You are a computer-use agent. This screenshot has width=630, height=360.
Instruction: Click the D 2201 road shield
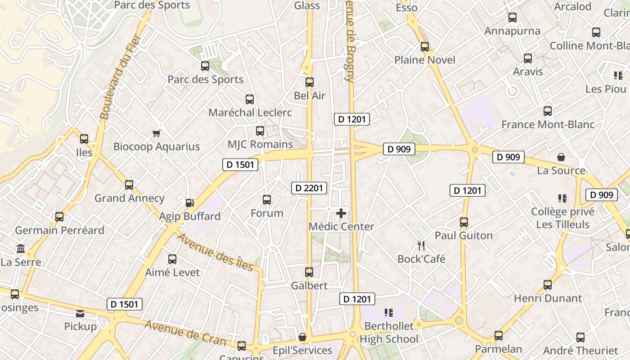point(309,188)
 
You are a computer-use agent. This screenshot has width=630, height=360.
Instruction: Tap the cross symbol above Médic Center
point(341,213)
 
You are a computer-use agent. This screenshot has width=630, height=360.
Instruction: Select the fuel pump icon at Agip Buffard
point(190,203)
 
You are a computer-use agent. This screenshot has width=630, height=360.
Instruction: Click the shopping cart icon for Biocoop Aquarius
point(156,133)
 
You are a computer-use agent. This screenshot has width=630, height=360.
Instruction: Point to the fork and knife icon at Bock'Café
point(421,245)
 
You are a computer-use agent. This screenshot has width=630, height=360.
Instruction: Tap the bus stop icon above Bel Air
point(310,82)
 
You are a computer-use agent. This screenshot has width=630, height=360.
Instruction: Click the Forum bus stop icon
point(267,199)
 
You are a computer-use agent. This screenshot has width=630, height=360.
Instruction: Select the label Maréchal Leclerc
point(250,112)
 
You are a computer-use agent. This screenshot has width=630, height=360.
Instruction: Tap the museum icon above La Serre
point(21,249)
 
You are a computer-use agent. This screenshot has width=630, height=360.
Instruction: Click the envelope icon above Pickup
point(80,314)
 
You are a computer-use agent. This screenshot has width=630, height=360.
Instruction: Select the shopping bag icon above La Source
point(561,157)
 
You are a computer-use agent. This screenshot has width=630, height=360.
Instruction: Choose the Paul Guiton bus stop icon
point(464,222)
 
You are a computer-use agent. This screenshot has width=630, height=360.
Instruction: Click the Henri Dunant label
point(548,298)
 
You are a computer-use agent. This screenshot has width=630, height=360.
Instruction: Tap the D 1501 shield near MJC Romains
point(240,165)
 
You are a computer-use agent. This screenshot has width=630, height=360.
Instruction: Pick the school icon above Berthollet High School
point(389,313)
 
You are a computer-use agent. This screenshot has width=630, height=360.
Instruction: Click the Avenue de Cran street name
point(185,332)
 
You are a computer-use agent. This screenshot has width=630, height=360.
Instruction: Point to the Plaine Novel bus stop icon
point(425,47)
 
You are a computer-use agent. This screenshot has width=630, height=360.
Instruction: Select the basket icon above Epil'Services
point(302,337)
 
